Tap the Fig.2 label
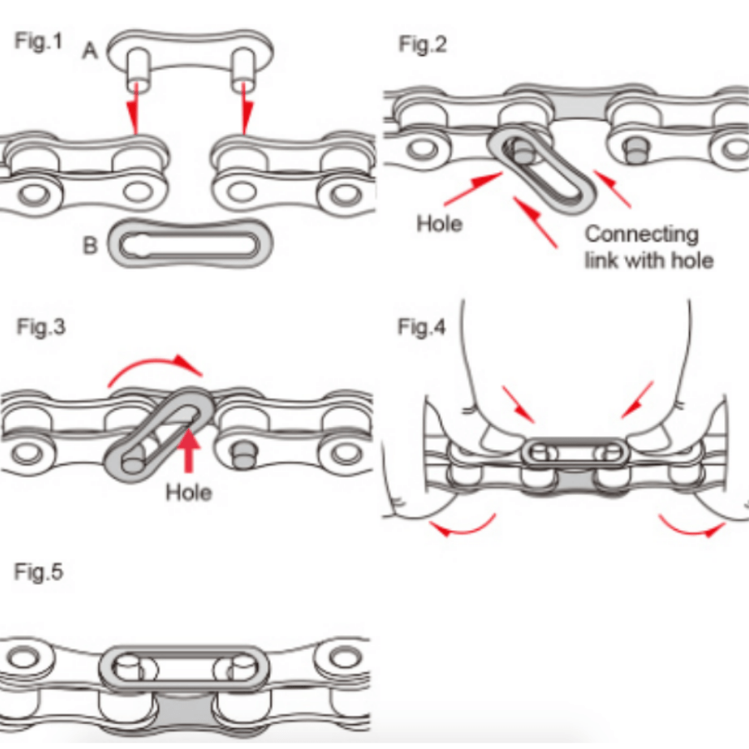click(x=423, y=45)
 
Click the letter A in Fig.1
click(x=90, y=53)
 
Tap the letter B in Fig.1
click(x=91, y=246)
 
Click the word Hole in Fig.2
click(x=439, y=223)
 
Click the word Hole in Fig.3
click(x=188, y=491)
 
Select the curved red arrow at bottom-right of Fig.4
click(x=689, y=525)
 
